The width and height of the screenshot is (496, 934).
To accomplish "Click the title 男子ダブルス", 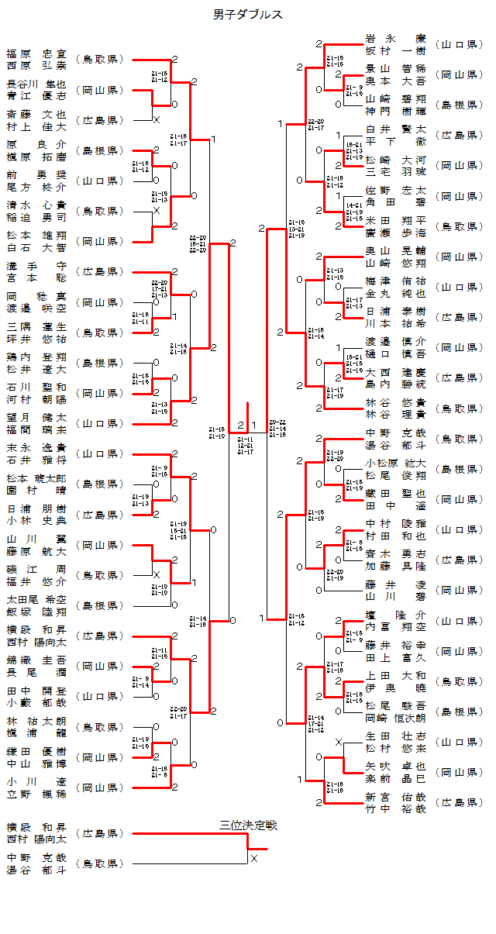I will pos(247,14).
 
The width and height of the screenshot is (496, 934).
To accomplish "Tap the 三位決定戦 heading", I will pos(248,825).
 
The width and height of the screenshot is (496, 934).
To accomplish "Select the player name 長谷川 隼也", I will pos(36,84).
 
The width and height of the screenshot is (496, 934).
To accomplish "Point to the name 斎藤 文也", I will pos(36,115).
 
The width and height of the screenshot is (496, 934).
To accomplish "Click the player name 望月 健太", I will pos(36,417).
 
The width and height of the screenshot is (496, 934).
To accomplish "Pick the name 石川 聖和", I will pos(36,387).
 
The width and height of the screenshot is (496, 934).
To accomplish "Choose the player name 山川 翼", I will pos(36,538).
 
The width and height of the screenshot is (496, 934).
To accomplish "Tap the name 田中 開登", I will pos(36,689).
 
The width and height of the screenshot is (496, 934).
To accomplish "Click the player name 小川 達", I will pos(36,780).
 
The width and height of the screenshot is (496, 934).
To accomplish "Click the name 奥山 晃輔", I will pos(395,250).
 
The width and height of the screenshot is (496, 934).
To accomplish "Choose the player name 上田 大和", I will pos(395,674).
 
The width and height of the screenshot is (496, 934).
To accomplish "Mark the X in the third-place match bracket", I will pos(253,858).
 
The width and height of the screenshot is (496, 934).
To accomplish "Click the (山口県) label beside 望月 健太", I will pos(99,423).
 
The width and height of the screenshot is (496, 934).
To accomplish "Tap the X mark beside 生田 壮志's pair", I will pos(338,742).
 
